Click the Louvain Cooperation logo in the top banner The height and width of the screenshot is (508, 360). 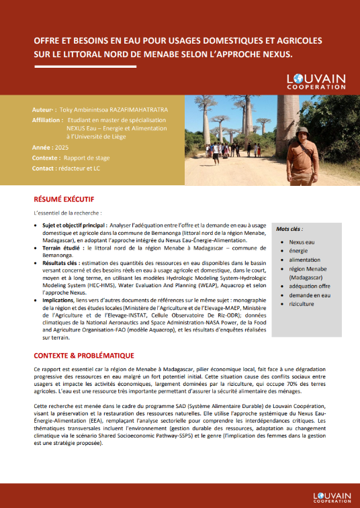tap(316, 83)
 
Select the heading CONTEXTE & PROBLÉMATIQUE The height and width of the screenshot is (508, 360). tap(85, 355)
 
